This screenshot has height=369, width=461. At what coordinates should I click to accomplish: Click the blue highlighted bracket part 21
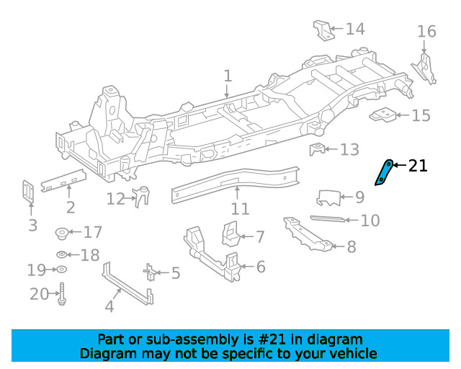click(x=383, y=173)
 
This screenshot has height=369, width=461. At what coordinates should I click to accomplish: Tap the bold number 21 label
click(x=418, y=166)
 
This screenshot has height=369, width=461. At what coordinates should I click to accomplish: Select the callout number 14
click(x=355, y=29)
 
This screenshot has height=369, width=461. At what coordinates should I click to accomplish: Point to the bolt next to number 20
click(x=62, y=293)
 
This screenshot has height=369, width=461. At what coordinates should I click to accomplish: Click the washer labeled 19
click(x=61, y=270)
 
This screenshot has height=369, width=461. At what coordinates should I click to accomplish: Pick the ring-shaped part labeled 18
click(x=62, y=254)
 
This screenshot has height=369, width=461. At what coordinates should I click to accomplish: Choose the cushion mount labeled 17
click(x=62, y=233)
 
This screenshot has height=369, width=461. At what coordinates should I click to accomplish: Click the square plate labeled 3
click(x=28, y=192)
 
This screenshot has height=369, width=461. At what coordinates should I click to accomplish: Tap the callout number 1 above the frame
click(x=228, y=76)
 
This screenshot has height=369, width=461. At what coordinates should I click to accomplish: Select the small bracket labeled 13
click(x=317, y=149)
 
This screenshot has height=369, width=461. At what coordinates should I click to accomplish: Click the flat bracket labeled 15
click(x=382, y=115)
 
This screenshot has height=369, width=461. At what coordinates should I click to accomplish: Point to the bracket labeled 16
click(x=424, y=69)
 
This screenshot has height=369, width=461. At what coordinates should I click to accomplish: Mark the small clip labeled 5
click(x=150, y=272)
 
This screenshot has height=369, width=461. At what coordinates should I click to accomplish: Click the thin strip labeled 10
click(x=328, y=218)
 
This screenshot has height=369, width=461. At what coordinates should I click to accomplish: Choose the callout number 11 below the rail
click(x=240, y=209)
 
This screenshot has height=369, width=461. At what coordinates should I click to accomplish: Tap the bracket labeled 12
click(x=141, y=196)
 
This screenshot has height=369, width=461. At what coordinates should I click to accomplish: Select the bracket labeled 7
click(x=230, y=234)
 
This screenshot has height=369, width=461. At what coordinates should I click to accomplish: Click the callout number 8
click(x=352, y=246)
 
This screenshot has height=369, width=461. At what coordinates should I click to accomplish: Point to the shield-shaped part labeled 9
click(x=329, y=197)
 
